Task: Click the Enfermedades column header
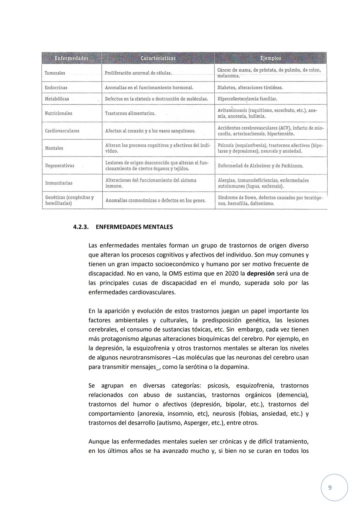tap(71, 58)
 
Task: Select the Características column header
tap(158, 58)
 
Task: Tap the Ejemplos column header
tap(270, 58)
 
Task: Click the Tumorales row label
tap(55, 73)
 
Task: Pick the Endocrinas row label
tap(56, 88)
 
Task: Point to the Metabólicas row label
tap(57, 99)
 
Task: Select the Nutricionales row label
tap(58, 113)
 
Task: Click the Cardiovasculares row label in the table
tap(62, 131)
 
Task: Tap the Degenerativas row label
tap(60, 166)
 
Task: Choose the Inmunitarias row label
tap(59, 183)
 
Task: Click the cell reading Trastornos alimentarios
tap(130, 113)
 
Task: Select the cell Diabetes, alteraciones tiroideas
tap(250, 88)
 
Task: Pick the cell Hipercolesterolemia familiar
tap(247, 99)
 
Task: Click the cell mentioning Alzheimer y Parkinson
tap(261, 166)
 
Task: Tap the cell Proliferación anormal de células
tap(138, 73)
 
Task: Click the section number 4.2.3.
tap(81, 227)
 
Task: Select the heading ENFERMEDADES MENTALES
tap(134, 227)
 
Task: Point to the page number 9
tap(330, 488)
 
